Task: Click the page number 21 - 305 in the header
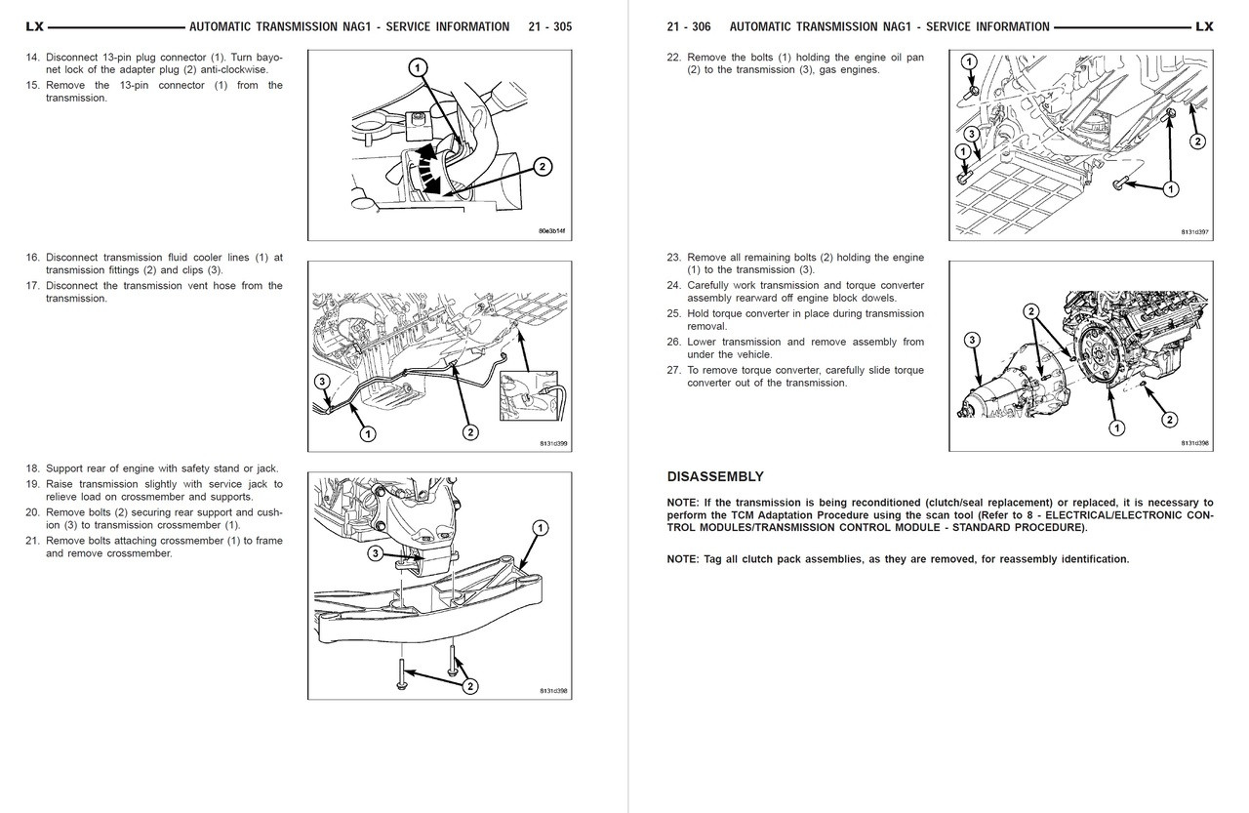pyautogui.click(x=548, y=26)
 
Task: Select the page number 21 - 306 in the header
pyautogui.click(x=688, y=26)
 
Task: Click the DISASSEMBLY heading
pyautogui.click(x=714, y=476)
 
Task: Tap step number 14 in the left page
pyautogui.click(x=33, y=57)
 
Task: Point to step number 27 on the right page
pyautogui.click(x=673, y=370)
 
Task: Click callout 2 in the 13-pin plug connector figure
pyautogui.click(x=542, y=166)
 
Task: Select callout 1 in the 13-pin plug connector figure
pyautogui.click(x=416, y=67)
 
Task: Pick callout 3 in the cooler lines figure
pyautogui.click(x=323, y=382)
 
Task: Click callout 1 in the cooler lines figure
pyautogui.click(x=368, y=432)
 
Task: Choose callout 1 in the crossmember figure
pyautogui.click(x=539, y=528)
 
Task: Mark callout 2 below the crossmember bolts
pyautogui.click(x=469, y=686)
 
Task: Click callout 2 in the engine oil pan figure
pyautogui.click(x=1196, y=142)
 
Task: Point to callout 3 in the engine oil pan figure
pyautogui.click(x=971, y=134)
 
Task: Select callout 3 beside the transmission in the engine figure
pyautogui.click(x=972, y=340)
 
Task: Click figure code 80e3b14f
pyautogui.click(x=552, y=231)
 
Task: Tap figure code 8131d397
pyautogui.click(x=1194, y=231)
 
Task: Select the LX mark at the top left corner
pyautogui.click(x=35, y=26)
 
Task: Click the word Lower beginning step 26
pyautogui.click(x=705, y=342)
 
